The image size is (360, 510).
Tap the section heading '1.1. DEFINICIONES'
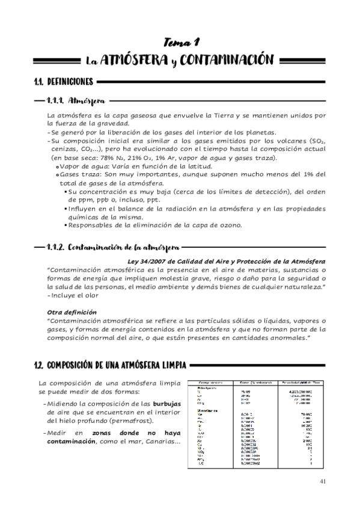click(63, 81)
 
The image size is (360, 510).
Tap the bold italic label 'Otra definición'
click(72, 312)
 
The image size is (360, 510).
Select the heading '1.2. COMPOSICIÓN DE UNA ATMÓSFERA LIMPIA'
click(111, 364)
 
